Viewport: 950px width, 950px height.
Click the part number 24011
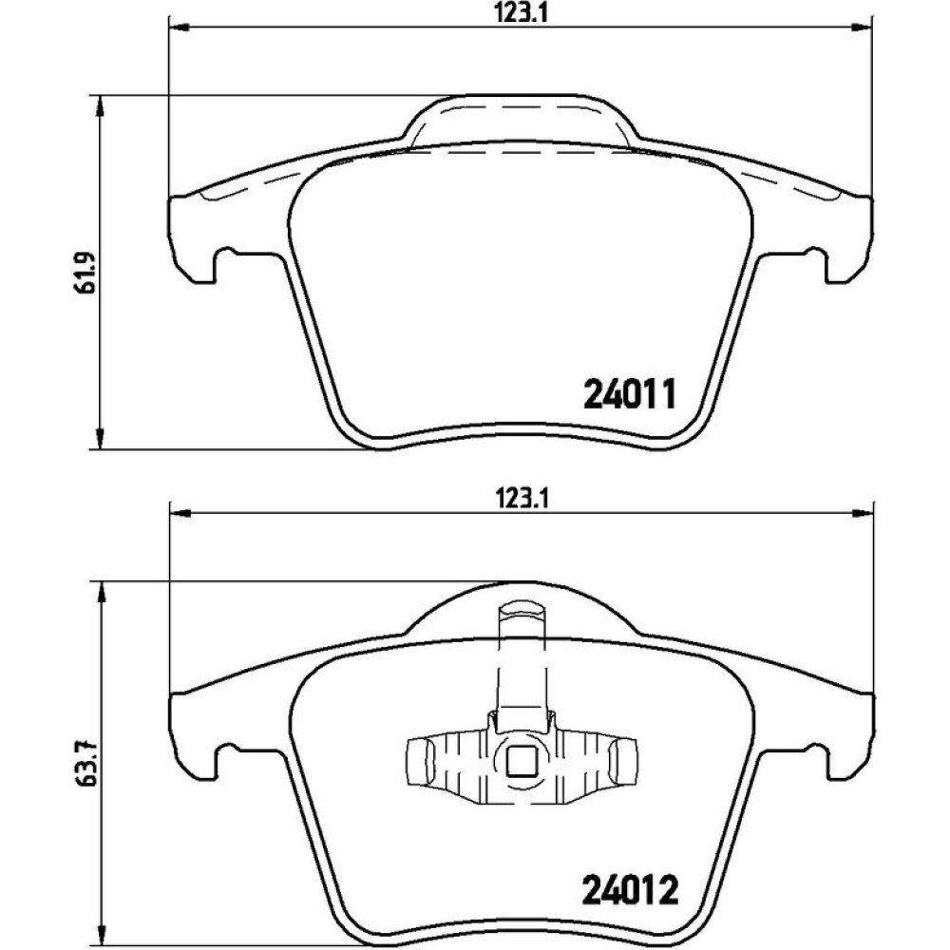click(x=628, y=394)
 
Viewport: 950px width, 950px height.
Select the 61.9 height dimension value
click(x=85, y=273)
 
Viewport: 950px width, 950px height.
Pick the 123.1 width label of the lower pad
click(x=522, y=500)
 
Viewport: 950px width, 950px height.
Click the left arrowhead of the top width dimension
click(x=180, y=27)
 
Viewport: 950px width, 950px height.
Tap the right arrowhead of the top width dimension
click(x=861, y=27)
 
